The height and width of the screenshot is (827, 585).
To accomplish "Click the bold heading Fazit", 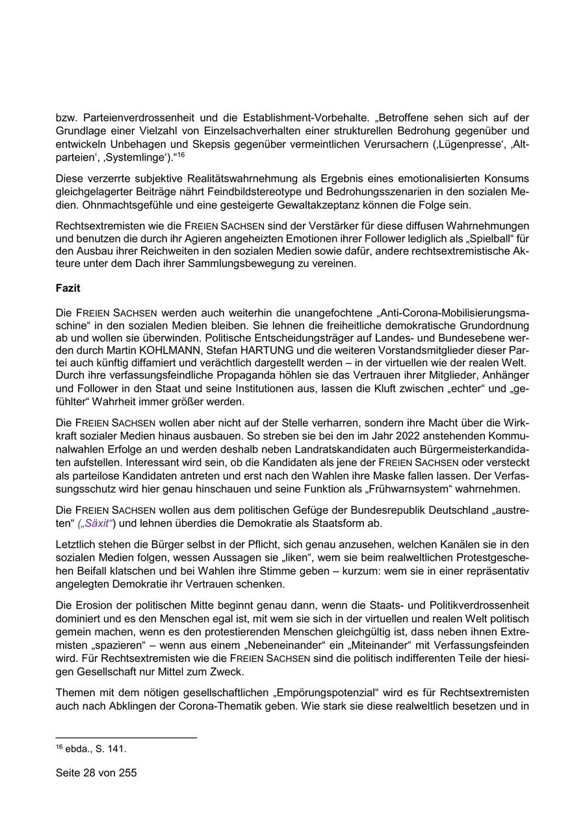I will click(x=68, y=287).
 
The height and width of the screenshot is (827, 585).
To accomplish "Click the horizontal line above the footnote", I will click(x=127, y=737).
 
